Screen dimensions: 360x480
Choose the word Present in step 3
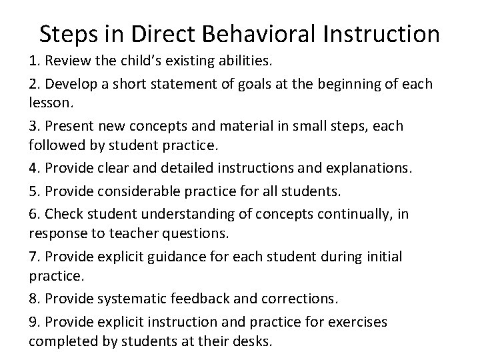pyautogui.click(x=69, y=126)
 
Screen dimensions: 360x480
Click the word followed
pyautogui.click(x=56, y=144)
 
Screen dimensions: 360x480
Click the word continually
pyautogui.click(x=353, y=214)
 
